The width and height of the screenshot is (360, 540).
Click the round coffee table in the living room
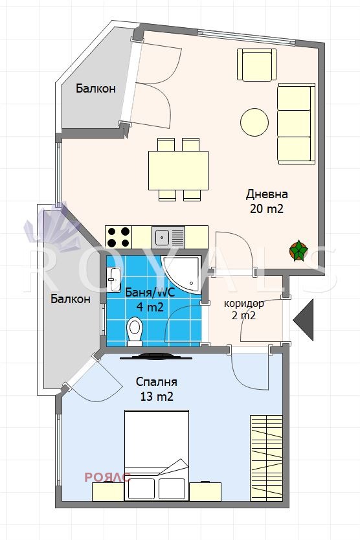pyautogui.click(x=254, y=122)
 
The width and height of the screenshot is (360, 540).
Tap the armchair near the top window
pyautogui.click(x=256, y=65)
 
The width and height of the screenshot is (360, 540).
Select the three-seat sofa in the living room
pyautogui.click(x=297, y=123)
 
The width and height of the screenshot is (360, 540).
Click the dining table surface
pyautogui.click(x=179, y=170)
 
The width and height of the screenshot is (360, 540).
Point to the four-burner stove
pyautogui.click(x=118, y=237)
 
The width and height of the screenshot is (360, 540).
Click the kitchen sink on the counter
pyautogui.click(x=168, y=237)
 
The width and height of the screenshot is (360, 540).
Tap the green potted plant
pyautogui.click(x=298, y=251)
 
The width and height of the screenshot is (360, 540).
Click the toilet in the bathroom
pyautogui.click(x=135, y=332)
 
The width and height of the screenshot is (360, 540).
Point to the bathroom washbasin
pyautogui.click(x=114, y=279)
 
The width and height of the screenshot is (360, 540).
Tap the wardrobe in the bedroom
pyautogui.click(x=266, y=458)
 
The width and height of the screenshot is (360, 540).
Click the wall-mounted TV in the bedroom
pyautogui.click(x=155, y=357)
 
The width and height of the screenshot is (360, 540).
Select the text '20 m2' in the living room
pyautogui.click(x=267, y=208)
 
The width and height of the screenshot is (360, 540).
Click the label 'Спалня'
pyautogui.click(x=157, y=381)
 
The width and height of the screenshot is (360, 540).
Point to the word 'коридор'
pyautogui.click(x=244, y=304)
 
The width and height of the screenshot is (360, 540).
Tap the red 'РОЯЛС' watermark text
pyautogui.click(x=107, y=477)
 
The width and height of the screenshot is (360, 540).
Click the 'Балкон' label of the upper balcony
pyautogui.click(x=96, y=89)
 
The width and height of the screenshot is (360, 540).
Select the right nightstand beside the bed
pyautogui.click(x=205, y=492)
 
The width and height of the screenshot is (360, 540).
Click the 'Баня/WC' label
pyautogui.click(x=150, y=293)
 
